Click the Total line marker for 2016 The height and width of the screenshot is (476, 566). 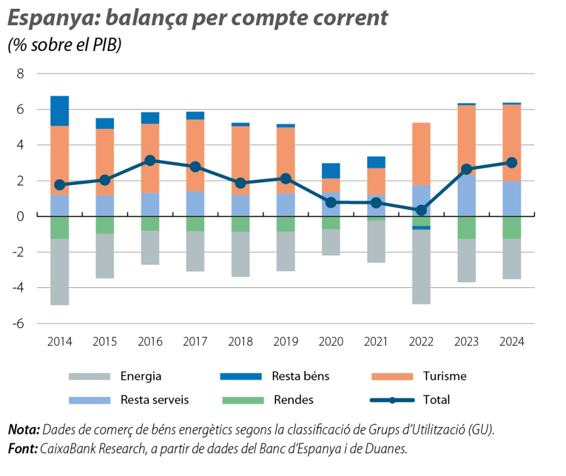150,160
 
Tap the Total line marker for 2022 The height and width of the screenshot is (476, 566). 421,210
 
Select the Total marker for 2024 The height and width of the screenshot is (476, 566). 511,162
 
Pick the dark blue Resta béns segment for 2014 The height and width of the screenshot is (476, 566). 59,111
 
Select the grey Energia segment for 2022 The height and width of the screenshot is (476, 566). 421,267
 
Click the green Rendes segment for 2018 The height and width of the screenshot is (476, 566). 240,224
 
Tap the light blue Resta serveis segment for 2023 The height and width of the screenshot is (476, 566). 466,196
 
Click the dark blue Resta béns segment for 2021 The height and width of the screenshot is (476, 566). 375,162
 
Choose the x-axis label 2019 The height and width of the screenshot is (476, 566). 286,341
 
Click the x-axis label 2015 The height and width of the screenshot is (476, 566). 104,341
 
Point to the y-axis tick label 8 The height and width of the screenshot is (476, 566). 19,74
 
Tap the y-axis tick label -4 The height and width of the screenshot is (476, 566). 17,288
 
